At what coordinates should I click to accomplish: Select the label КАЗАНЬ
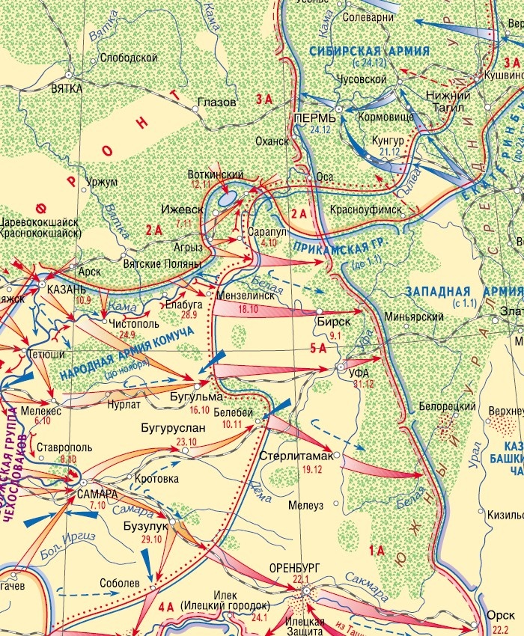pyautogui.click(x=67, y=289)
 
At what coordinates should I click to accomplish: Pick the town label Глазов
pyautogui.click(x=216, y=102)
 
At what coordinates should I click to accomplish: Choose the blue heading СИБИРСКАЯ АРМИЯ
pyautogui.click(x=370, y=51)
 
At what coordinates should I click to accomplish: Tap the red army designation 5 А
pyautogui.click(x=318, y=347)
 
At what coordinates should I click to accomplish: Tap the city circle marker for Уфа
pyautogui.click(x=341, y=368)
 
